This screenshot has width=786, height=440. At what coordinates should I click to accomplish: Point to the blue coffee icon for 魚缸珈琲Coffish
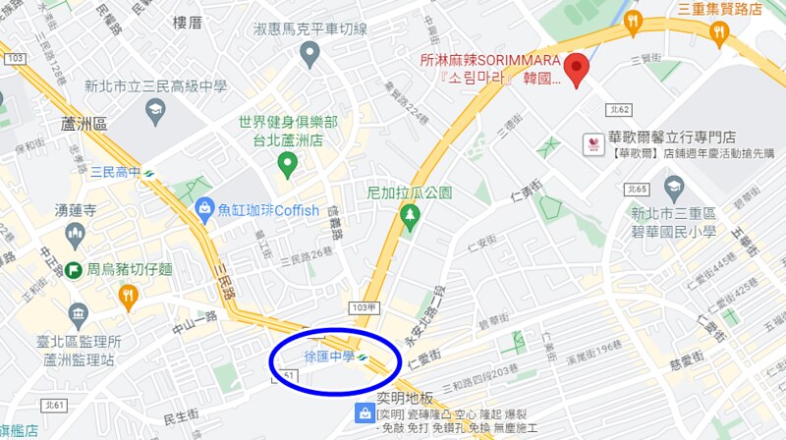pos(204,208)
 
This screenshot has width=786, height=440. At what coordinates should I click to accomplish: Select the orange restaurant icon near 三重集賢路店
pos(720,34)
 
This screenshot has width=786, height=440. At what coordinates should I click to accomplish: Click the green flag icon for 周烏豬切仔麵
pos(73,269)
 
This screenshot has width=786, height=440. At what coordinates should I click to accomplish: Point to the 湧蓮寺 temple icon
pos(75,233)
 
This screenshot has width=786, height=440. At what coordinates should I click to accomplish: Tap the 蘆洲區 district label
pos(83,123)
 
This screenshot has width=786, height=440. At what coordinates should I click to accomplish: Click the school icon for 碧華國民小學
pos(674,186)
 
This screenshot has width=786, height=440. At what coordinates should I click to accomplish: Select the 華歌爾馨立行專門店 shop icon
pos(593,143)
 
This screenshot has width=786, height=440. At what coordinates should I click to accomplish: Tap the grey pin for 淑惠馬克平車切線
pos(310,53)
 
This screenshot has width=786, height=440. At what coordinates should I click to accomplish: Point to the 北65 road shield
pos(637,189)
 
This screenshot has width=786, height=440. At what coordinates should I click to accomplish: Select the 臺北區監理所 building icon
pos(79,314)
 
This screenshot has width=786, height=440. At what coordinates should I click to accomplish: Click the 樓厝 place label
pos(187,22)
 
